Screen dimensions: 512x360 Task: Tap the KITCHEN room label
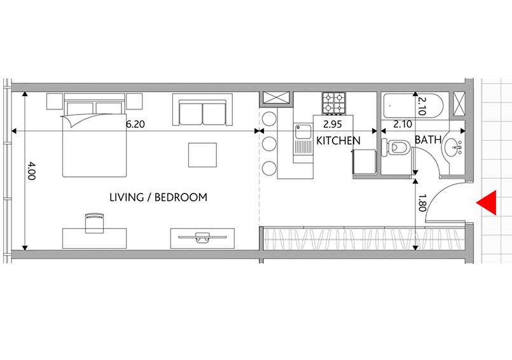pos(338,141)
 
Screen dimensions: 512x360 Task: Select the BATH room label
pos(428,140)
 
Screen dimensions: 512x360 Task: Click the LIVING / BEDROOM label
pos(158,197)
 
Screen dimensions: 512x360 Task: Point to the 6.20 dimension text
pos(135,124)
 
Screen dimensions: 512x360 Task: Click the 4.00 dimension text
pos(31,170)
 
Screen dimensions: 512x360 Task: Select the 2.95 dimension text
pos(333,124)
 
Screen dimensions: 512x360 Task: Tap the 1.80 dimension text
pos(422,203)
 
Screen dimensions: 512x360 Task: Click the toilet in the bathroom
pos(396,148)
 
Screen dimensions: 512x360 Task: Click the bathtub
pos(413,106)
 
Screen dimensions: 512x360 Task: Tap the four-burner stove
pos(334,103)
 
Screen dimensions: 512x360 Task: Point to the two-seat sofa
pos(202,109)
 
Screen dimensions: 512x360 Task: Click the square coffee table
pos(202,155)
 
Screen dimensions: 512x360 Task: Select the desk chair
pos(94,223)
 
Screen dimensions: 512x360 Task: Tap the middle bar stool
pos(270,144)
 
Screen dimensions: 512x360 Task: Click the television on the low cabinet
pos(202,237)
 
